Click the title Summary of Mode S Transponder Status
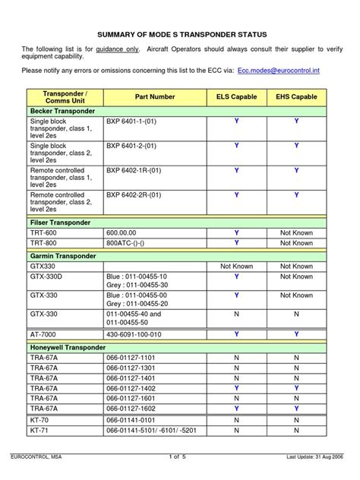181,35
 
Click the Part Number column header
155,97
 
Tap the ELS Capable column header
236,97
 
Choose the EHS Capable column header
296,97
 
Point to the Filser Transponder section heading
60,223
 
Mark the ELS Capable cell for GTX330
236,267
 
